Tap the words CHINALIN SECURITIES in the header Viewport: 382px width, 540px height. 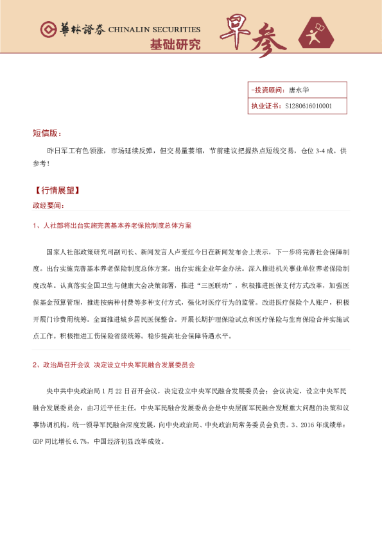pos(154,30)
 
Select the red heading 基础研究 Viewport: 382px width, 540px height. pos(175,45)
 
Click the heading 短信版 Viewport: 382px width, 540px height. pos(47,133)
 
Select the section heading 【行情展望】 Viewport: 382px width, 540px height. pos(56,190)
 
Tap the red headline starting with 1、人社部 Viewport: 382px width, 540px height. pos(112,226)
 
